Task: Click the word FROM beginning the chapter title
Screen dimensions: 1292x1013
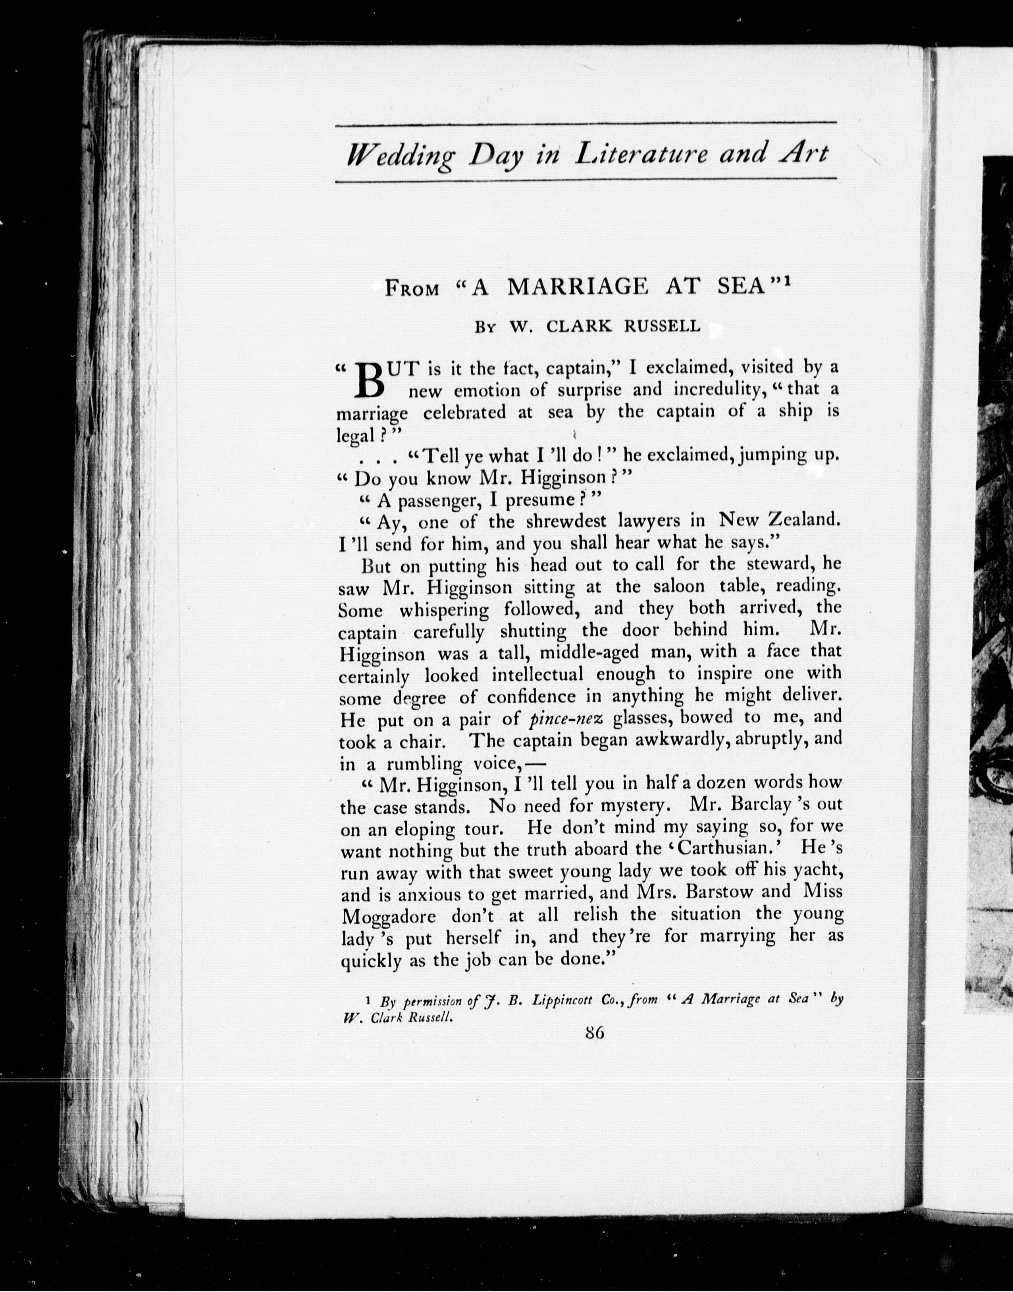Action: (412, 289)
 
